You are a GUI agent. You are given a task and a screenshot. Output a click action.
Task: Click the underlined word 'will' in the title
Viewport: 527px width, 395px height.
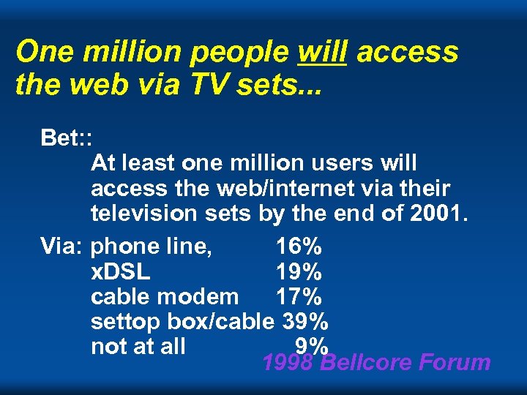pos(322,52)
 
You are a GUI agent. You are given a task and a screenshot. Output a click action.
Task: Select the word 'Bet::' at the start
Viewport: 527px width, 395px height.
pos(65,138)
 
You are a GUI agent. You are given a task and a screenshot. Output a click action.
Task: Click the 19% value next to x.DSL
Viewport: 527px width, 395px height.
pos(299,272)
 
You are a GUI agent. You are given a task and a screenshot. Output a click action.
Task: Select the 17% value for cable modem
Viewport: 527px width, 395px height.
pos(299,297)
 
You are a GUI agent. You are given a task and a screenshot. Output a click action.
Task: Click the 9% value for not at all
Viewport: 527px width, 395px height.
pos(311,345)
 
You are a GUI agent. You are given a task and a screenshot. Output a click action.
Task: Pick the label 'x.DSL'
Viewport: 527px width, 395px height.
pos(121,272)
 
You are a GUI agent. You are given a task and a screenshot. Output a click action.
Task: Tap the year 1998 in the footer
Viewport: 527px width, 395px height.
pos(288,362)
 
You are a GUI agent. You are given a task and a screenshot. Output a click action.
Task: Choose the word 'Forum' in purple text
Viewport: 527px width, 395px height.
pos(458,362)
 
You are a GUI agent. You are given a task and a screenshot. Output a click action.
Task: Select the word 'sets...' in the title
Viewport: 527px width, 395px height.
pos(284,84)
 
